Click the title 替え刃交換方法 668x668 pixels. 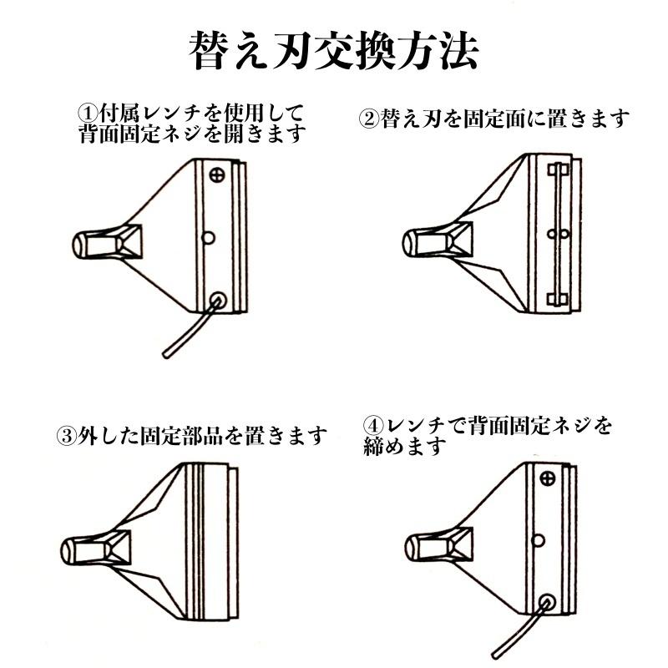pos(334,52)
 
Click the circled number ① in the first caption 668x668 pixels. pos(86,113)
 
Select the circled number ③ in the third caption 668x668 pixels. pos(66,435)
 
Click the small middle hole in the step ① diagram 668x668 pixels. pos(209,237)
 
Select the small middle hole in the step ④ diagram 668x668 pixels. pos(539,539)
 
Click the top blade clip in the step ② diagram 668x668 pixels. pos(557,170)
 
